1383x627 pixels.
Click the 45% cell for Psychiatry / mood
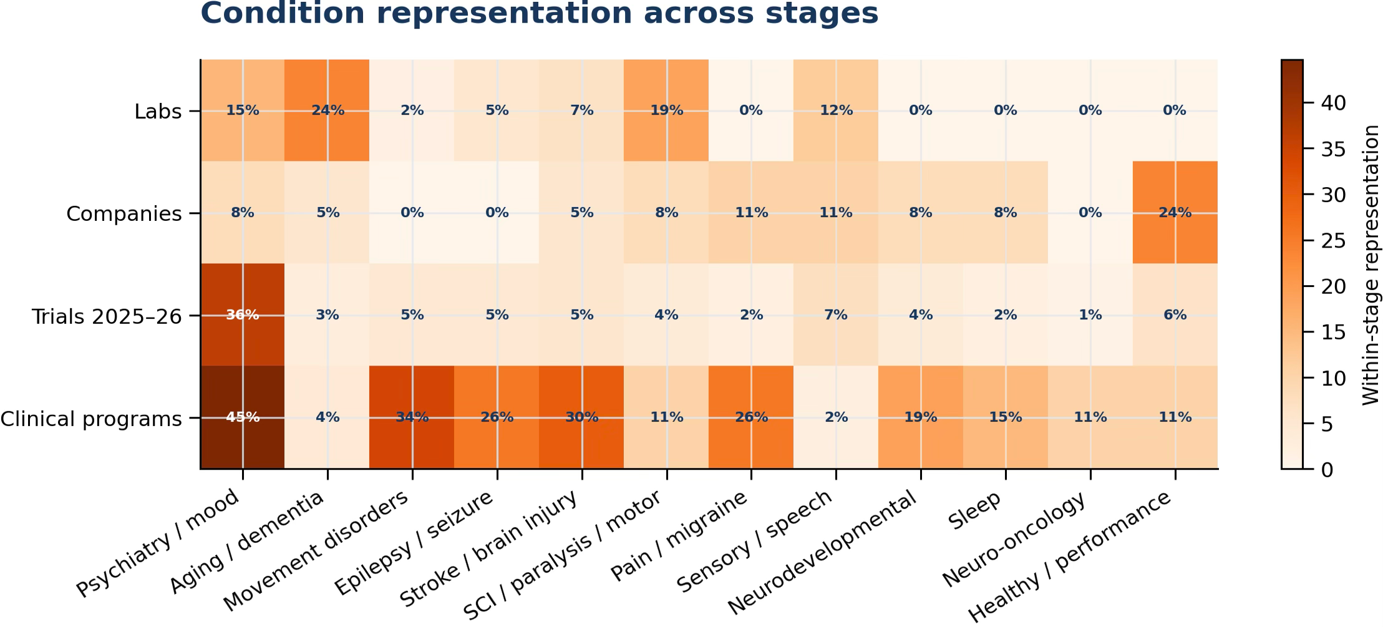[243, 417]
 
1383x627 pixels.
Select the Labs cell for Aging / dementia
[328, 110]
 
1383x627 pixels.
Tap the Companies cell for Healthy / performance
[1175, 213]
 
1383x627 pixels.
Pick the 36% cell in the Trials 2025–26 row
[243, 315]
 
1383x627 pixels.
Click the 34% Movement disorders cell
[412, 417]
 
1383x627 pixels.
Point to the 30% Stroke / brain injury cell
[582, 417]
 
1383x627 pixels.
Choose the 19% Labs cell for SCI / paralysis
[667, 110]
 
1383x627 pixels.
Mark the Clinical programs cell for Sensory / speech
[836, 417]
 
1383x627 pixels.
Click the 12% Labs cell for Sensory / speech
[836, 110]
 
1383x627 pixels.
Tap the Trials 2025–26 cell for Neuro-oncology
[1090, 315]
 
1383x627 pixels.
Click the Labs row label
[158, 112]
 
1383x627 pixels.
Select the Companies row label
[124, 214]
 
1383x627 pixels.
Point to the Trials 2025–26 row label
[107, 317]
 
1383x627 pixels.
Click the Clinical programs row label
[91, 419]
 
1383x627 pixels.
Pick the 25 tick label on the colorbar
[1334, 241]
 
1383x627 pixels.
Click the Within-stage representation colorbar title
[1371, 265]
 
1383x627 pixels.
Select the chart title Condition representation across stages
[540, 13]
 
